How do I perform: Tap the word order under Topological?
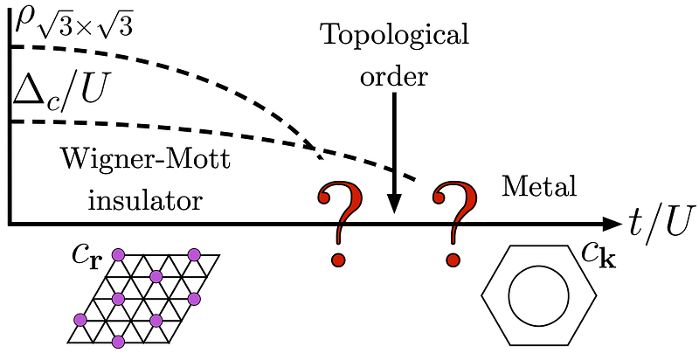coord(394,77)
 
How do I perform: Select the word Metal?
coord(539,187)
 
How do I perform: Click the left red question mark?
coord(339,225)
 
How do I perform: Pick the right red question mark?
coord(454,225)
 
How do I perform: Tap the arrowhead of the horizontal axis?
coord(612,224)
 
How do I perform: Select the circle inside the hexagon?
coord(538,295)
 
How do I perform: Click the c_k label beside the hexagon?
coord(599,256)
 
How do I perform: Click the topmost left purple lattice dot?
coord(118,255)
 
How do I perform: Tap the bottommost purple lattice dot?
coord(118,342)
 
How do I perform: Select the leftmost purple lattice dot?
coord(80,320)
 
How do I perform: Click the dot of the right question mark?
coord(453,259)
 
